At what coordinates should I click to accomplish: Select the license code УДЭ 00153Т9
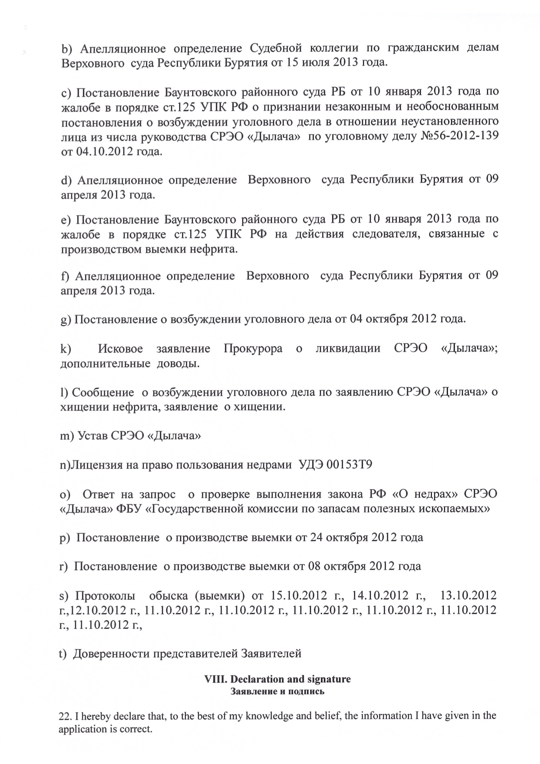(335, 465)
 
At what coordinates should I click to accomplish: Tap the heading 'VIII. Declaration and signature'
(278, 679)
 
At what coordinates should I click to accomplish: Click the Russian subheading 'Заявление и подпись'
(278, 691)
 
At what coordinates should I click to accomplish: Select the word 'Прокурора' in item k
(253, 348)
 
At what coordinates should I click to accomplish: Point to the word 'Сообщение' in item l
(103, 392)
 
